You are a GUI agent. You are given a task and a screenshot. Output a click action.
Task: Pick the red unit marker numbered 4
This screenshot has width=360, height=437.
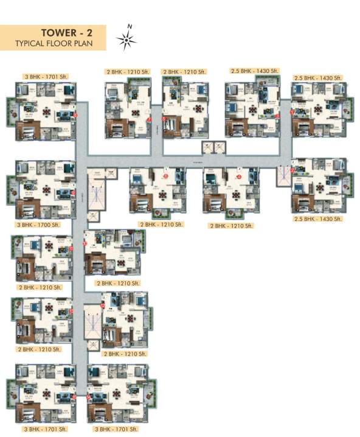[239, 177]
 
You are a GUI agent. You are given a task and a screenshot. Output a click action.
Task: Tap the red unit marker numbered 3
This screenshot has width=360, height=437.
[277, 115]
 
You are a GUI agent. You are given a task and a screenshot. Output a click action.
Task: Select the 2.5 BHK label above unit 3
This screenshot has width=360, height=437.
[252, 71]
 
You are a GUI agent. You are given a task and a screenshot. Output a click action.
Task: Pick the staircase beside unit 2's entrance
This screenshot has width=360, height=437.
[282, 175]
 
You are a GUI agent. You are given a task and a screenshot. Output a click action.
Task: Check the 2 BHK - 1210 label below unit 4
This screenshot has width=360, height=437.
[230, 226]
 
